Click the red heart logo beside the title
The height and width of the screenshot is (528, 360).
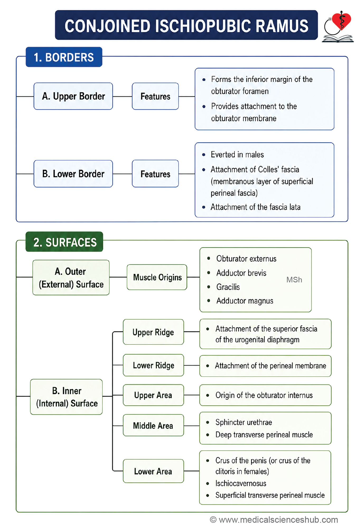click(x=341, y=21)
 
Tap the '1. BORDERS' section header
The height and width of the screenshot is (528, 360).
click(x=64, y=57)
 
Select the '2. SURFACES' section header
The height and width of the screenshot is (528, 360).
click(x=64, y=242)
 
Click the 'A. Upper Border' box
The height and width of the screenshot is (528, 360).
click(x=73, y=96)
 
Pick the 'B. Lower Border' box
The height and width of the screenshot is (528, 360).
click(x=73, y=174)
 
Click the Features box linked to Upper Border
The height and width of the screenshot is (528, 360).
click(x=155, y=96)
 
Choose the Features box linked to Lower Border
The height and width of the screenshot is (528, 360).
click(x=155, y=174)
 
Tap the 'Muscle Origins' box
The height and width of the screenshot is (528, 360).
click(x=157, y=277)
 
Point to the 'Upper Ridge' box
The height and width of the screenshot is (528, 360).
click(x=153, y=332)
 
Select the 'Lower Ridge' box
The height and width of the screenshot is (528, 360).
click(x=153, y=365)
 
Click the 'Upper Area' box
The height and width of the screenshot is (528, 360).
click(x=153, y=395)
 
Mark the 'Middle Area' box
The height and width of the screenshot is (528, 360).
click(x=153, y=425)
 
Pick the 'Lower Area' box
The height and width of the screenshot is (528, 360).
click(x=153, y=471)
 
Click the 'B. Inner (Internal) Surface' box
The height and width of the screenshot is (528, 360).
click(x=66, y=397)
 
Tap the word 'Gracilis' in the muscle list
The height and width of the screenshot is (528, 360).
click(x=228, y=287)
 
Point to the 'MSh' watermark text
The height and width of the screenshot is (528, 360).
click(x=294, y=280)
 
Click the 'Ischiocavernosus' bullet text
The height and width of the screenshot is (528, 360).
click(x=241, y=483)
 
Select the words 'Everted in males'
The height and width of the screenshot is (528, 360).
click(x=237, y=155)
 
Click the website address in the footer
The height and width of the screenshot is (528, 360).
click(x=278, y=520)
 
